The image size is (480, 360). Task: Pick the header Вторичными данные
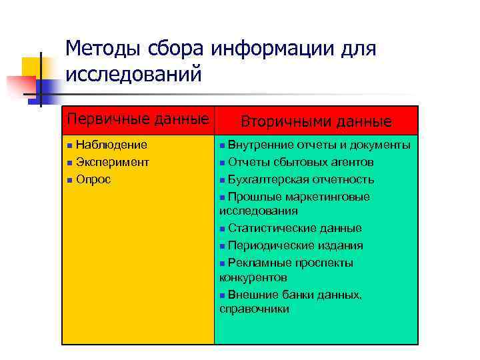(x=316, y=121)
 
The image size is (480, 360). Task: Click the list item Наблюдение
(x=111, y=145)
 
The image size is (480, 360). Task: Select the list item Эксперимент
(x=113, y=162)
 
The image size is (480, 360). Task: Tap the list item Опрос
(x=93, y=179)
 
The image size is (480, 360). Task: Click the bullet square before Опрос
(x=69, y=180)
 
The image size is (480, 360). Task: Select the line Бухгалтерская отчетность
(x=301, y=179)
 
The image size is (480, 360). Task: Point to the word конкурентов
(x=253, y=277)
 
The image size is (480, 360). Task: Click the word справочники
(x=254, y=309)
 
